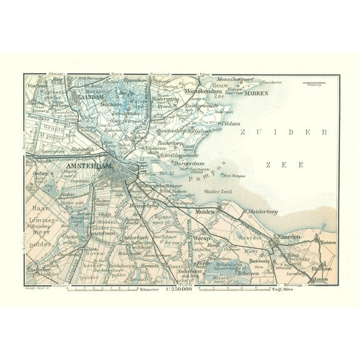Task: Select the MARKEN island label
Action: tap(256, 93)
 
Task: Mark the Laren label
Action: tap(321, 279)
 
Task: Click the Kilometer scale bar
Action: tap(112, 289)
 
